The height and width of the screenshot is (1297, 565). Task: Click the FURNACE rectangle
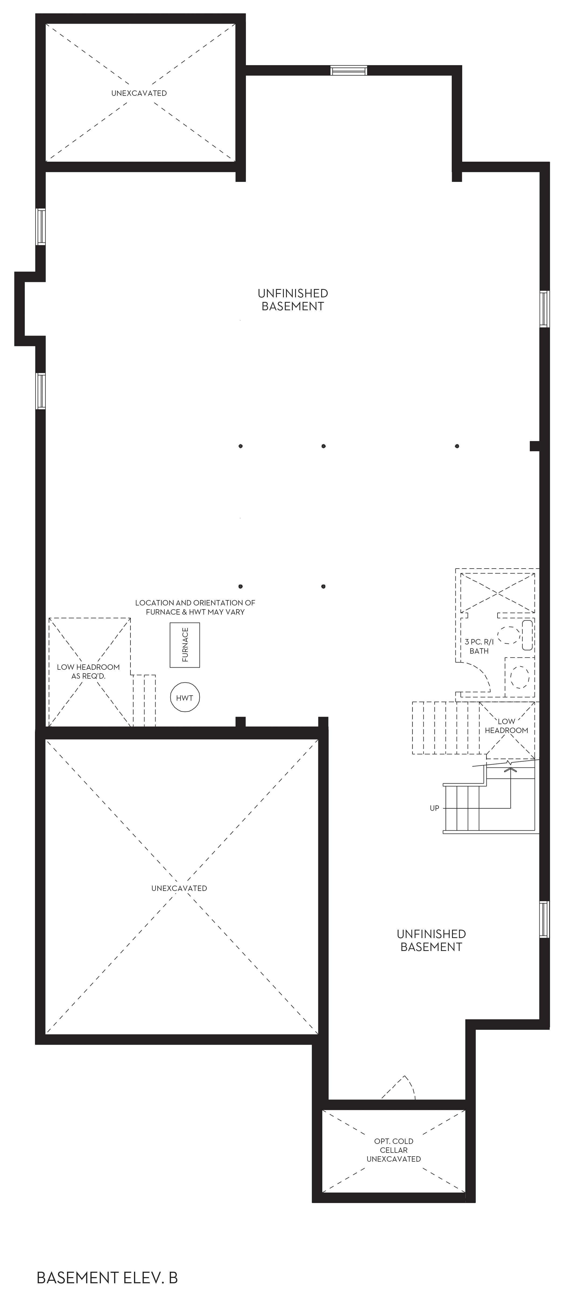(185, 645)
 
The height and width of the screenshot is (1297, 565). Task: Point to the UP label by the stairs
(435, 808)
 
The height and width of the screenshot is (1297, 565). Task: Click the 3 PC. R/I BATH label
(479, 646)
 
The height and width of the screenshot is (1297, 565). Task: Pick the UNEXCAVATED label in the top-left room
(139, 93)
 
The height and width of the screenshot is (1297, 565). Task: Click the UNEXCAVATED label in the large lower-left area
(179, 888)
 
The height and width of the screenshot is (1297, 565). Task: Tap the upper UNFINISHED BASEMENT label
(292, 299)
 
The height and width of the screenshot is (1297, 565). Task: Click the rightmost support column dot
(457, 446)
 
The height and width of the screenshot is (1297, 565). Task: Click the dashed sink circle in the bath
(508, 635)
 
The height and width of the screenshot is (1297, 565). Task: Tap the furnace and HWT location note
(195, 607)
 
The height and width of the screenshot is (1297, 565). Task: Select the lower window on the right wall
(544, 919)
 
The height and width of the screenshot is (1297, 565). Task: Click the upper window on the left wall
(41, 227)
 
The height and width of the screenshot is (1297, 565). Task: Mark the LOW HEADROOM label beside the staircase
(507, 725)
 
